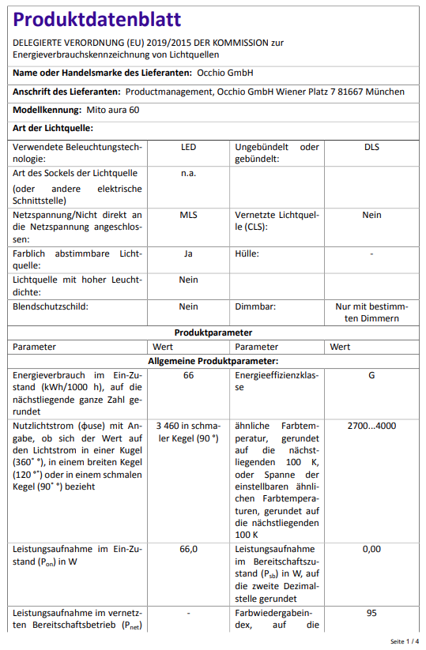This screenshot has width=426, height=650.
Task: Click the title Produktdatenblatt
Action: pos(97,19)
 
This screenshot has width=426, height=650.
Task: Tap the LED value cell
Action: pos(188,147)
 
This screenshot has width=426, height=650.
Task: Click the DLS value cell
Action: pos(371,147)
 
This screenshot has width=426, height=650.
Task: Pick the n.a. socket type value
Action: pos(188,173)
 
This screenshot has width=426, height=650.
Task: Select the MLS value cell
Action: pos(188,215)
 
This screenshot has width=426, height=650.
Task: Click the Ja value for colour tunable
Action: pos(188,254)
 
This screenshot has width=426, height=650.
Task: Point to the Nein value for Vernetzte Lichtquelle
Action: pos(371,215)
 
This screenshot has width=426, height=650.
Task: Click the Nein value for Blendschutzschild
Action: pos(188,306)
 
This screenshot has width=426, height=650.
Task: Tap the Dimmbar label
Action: pos(255,306)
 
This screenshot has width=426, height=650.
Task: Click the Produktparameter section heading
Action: pos(213,333)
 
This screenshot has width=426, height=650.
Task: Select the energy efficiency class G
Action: pos(371,375)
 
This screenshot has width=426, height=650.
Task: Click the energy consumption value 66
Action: pos(188,375)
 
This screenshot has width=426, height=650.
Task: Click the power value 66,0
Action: pos(188,549)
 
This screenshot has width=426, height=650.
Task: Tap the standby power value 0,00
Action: pos(371,549)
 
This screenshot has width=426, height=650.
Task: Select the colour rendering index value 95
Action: pos(371,613)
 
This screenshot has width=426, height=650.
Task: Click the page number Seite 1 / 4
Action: pos(405,641)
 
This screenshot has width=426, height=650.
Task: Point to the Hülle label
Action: pos(247,254)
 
